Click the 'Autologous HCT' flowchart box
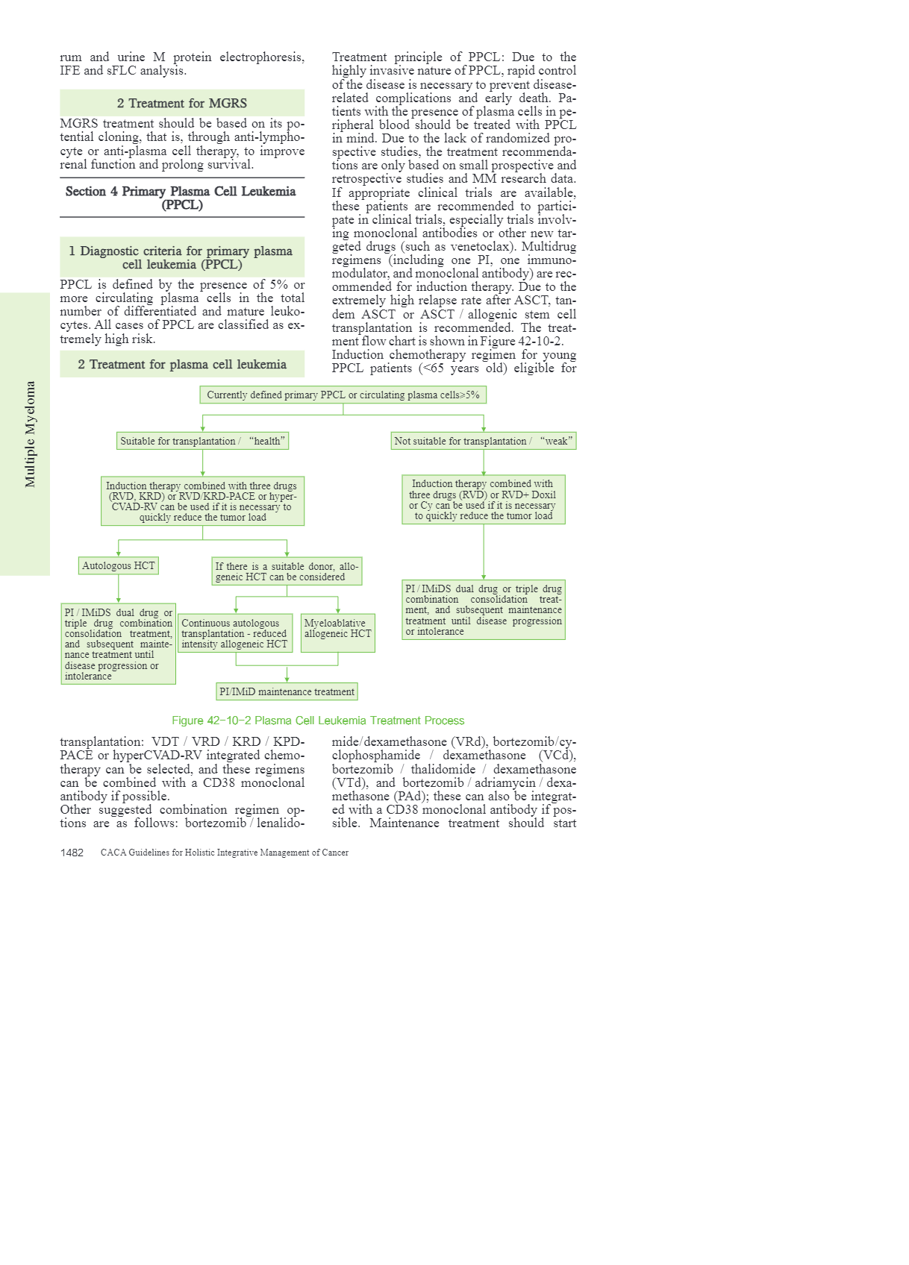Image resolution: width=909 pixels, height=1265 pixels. click(x=118, y=566)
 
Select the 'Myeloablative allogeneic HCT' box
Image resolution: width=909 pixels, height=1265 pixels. click(x=337, y=632)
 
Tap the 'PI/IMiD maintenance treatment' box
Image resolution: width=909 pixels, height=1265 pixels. click(x=287, y=691)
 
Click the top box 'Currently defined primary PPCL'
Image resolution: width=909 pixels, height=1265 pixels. click(x=343, y=395)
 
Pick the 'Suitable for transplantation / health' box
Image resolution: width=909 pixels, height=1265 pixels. click(x=202, y=441)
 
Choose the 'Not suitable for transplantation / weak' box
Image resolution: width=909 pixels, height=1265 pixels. click(x=483, y=441)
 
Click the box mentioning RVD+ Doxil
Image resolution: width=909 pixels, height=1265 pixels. click(x=483, y=500)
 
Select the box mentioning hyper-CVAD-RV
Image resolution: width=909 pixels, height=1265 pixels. click(x=202, y=501)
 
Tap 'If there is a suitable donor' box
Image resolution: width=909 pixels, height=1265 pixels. click(x=287, y=571)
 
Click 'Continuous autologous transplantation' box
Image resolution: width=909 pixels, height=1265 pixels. click(x=234, y=633)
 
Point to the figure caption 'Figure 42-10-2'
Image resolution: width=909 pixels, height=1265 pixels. click(x=318, y=721)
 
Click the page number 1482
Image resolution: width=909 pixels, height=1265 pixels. click(x=72, y=853)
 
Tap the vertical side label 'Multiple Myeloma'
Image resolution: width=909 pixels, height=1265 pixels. click(x=30, y=434)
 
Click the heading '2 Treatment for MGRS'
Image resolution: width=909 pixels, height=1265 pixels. click(x=181, y=103)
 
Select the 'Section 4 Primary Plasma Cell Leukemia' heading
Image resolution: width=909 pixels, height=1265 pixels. click(x=181, y=198)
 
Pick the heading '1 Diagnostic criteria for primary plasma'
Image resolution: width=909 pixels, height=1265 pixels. click(x=181, y=257)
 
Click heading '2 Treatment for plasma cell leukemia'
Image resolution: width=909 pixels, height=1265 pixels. click(x=181, y=364)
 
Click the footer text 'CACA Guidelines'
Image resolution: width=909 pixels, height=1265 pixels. click(x=224, y=853)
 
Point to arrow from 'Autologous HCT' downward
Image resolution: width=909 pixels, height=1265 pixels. click(x=119, y=589)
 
